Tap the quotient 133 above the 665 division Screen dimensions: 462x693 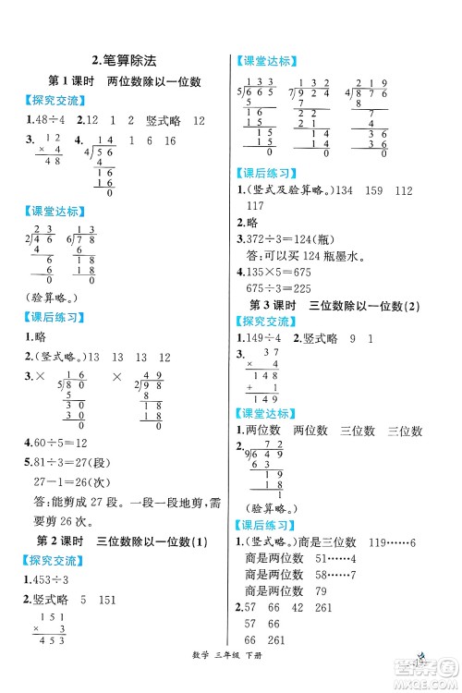(266, 81)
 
